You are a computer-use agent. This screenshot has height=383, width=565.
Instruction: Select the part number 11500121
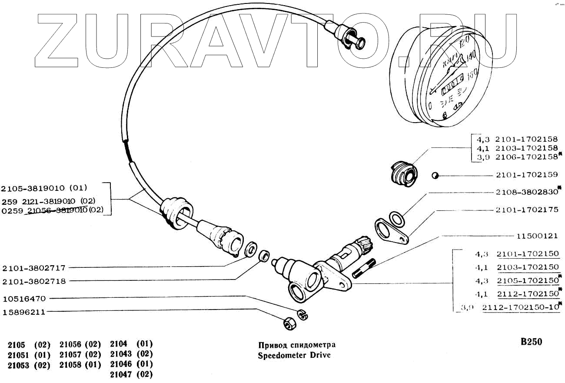[537, 236]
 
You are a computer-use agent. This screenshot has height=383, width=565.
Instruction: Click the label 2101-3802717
[34, 268]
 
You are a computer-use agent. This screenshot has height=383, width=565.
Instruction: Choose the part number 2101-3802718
[34, 281]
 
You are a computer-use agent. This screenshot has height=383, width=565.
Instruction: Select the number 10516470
[24, 299]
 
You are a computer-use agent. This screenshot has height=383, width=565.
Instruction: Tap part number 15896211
[24, 312]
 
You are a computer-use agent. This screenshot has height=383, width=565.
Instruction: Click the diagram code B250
[531, 342]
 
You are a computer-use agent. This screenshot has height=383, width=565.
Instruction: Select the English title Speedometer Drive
[294, 355]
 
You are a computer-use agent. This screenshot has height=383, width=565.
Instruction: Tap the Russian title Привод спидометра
[297, 345]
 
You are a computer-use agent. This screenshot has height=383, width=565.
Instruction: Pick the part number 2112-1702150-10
[521, 307]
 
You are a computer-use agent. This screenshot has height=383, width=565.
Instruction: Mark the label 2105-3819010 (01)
[44, 188]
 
